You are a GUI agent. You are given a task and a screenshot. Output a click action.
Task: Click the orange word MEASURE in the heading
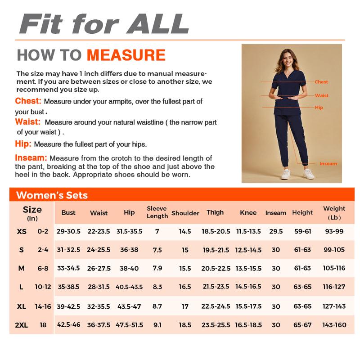pyautogui.click(x=126, y=55)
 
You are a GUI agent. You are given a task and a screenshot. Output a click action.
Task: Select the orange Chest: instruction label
pyautogui.click(x=28, y=101)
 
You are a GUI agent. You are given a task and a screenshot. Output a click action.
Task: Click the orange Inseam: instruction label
pyautogui.click(x=31, y=158)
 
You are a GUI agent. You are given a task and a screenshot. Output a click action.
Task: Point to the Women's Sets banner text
pyautogui.click(x=52, y=195)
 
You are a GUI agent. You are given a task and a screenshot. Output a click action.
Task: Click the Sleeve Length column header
pyautogui.click(x=157, y=212)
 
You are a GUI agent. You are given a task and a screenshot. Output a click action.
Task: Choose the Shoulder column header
pyautogui.click(x=185, y=213)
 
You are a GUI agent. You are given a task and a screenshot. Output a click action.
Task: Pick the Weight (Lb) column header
pyautogui.click(x=334, y=212)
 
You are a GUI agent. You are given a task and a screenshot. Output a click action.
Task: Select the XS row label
pyautogui.click(x=21, y=231)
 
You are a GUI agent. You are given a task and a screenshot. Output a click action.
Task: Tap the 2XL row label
pyautogui.click(x=21, y=325)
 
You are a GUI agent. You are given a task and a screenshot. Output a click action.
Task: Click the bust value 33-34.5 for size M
pyautogui.click(x=68, y=268)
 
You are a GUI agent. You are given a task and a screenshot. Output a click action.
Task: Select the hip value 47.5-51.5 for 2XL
pyautogui.click(x=129, y=324)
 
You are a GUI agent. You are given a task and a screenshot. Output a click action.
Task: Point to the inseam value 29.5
pyautogui.click(x=276, y=231)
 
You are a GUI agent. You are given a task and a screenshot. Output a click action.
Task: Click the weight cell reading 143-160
pyautogui.click(x=334, y=324)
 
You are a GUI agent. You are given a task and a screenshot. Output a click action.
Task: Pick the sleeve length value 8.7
pyautogui.click(x=157, y=306)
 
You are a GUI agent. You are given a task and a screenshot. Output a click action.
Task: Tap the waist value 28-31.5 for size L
pyautogui.click(x=99, y=287)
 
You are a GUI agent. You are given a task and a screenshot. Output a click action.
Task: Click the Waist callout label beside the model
pyautogui.click(x=321, y=95)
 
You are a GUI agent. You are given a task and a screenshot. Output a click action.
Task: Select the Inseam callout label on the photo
pyautogui.click(x=328, y=164)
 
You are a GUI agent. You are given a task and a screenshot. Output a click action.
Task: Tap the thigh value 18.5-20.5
pyautogui.click(x=216, y=231)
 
